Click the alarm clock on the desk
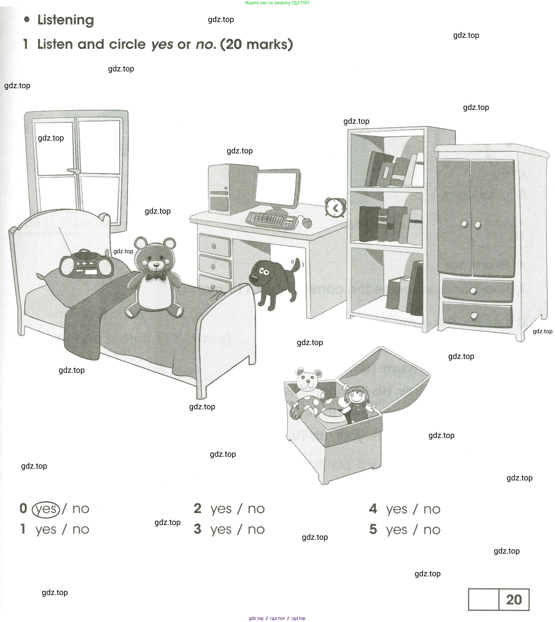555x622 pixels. [x=335, y=208]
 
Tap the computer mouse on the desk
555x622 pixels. [x=307, y=223]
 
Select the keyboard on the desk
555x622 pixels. [x=271, y=220]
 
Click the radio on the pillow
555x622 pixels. [x=86, y=264]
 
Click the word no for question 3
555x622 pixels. [x=256, y=530]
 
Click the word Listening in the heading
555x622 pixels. [x=66, y=20]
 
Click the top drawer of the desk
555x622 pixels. [x=214, y=245]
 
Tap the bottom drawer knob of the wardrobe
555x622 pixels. [x=474, y=315]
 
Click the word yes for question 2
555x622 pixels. [x=221, y=509]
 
